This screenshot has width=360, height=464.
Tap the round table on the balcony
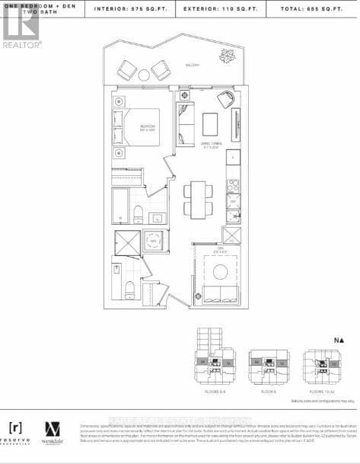coord(144,75)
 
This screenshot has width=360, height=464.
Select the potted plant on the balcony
coord(227,55)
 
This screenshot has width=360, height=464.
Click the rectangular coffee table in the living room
coord(209,124)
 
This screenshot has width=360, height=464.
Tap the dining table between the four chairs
coord(198,198)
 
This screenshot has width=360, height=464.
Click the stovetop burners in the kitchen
coord(233,184)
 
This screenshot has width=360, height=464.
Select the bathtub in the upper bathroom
coord(123,203)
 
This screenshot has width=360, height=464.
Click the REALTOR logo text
coord(21,44)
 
